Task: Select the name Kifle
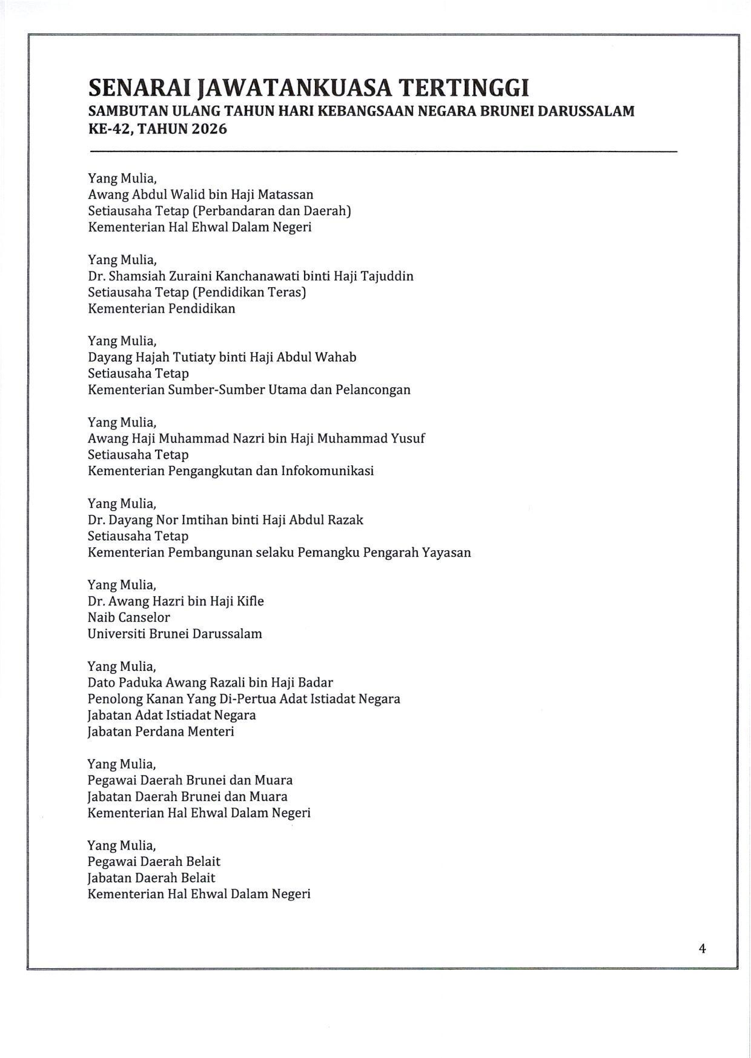250,601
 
